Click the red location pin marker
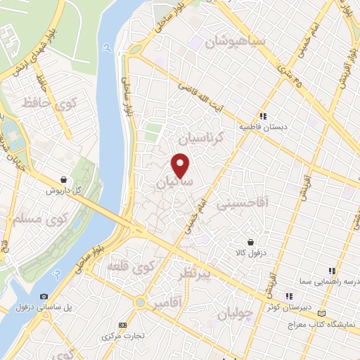point(181,165)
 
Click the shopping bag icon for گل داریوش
point(65,179)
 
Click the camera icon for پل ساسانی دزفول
point(44,297)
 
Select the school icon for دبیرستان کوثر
point(288,296)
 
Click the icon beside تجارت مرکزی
point(123,325)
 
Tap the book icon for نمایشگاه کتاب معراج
point(322,312)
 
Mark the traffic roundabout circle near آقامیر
point(138,303)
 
